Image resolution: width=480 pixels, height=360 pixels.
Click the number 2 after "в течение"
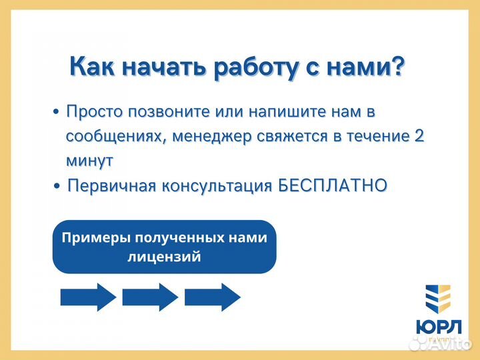click(x=419, y=136)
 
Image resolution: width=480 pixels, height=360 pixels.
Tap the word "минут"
click(x=89, y=161)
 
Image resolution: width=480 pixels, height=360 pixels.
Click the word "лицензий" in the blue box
click(x=164, y=257)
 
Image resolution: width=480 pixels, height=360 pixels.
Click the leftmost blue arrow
click(x=88, y=297)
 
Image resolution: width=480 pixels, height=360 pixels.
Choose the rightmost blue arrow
click(x=212, y=297)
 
